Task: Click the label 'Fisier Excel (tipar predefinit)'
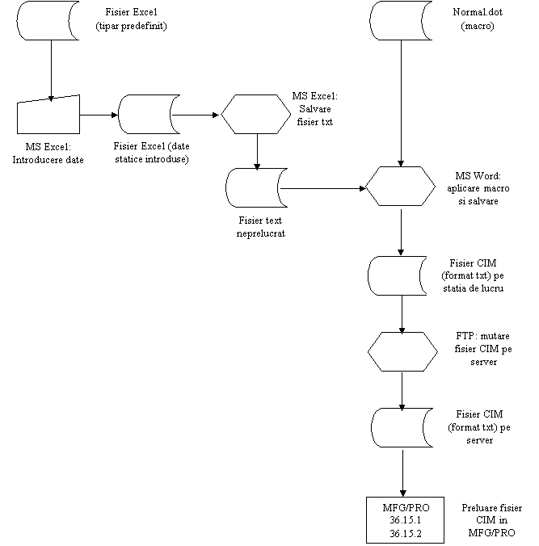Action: coord(130,21)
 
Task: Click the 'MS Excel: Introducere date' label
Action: coord(48,153)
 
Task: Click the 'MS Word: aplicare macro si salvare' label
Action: coord(479,188)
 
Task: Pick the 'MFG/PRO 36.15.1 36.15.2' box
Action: coord(401,520)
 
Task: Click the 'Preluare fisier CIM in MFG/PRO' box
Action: coord(491,520)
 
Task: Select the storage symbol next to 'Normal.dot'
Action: coord(401,21)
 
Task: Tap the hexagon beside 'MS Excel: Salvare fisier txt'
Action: coord(251,114)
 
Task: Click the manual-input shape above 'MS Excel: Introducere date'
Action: coord(48,115)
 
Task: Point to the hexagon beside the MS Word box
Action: coord(399,187)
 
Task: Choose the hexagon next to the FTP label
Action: coord(402,351)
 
